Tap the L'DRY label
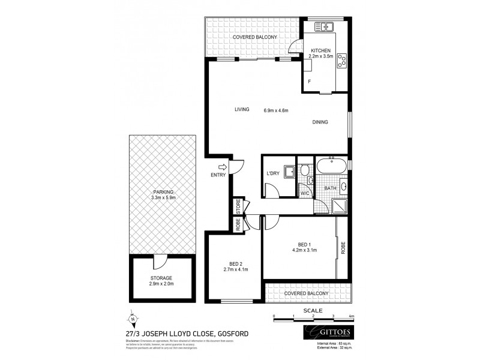274,174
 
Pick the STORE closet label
238,207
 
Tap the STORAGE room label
162,278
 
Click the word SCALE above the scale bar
313,310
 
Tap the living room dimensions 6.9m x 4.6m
276,110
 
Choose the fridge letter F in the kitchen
310,80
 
